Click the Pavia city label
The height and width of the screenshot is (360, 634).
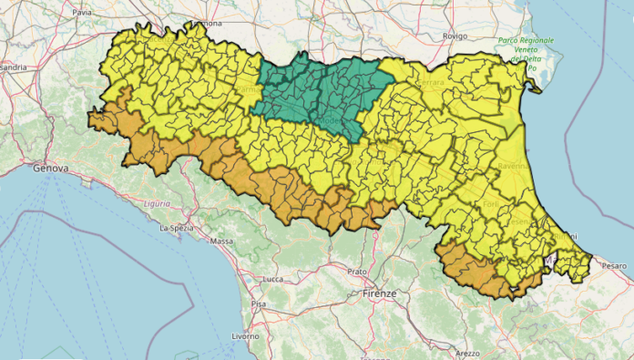(x=82, y=14)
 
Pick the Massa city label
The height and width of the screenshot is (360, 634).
(x=221, y=242)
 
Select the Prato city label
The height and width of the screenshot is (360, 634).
(x=358, y=272)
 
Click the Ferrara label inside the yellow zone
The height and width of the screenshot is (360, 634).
(x=430, y=83)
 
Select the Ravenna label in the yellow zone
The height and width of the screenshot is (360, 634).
(x=515, y=168)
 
